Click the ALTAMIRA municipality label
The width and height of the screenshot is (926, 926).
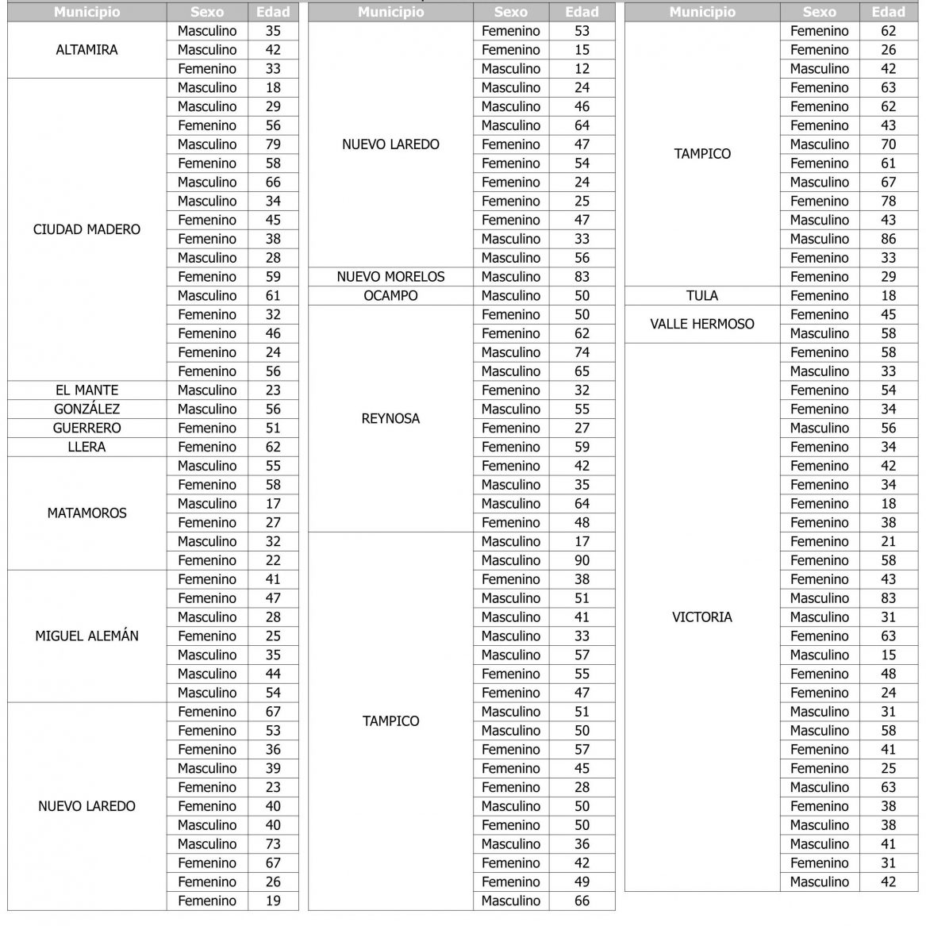coord(86,50)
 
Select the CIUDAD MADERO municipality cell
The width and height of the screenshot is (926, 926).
coord(86,229)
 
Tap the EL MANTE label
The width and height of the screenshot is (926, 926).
coord(86,390)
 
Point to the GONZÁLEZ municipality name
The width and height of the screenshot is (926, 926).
coord(86,409)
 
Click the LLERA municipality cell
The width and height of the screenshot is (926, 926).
coord(86,447)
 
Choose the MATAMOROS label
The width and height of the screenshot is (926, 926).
coord(86,513)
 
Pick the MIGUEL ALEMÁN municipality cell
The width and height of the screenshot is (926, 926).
coord(86,636)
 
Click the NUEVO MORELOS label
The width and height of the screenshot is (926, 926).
coord(390,277)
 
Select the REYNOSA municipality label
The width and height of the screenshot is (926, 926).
coord(390,418)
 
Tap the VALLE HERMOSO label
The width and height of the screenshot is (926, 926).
coord(701,324)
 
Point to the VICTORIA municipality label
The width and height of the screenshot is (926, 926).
coord(701,617)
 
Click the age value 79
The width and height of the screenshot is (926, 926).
coord(273,144)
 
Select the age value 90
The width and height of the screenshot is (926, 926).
coord(582,560)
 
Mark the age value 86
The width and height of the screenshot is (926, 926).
coord(888,239)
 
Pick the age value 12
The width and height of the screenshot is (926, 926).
coord(582,69)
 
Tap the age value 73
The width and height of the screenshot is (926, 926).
coord(273,843)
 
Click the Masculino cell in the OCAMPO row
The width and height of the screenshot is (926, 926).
coord(510,296)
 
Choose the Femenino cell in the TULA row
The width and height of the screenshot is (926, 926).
coord(819,296)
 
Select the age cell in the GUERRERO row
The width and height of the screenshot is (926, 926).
coord(273,428)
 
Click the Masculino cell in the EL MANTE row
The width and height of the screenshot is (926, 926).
coord(207,390)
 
